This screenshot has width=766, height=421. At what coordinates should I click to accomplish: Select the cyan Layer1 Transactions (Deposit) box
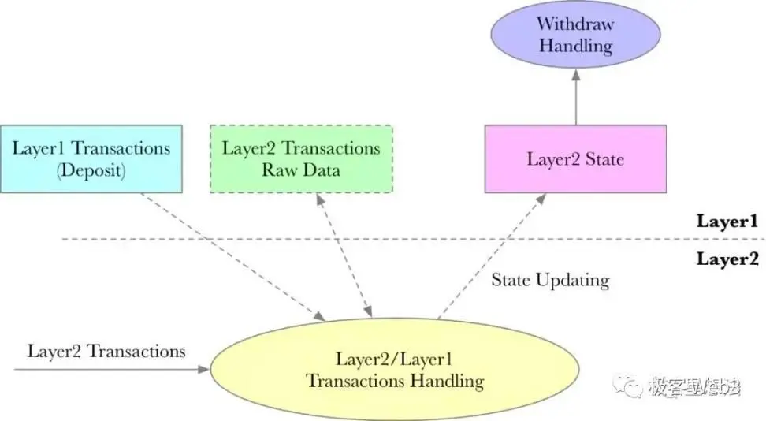click(x=91, y=158)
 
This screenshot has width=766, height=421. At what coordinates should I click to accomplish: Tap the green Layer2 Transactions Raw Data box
click(x=301, y=158)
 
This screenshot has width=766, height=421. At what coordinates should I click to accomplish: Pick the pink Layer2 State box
click(x=575, y=158)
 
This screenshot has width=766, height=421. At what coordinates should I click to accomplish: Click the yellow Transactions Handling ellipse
click(x=394, y=371)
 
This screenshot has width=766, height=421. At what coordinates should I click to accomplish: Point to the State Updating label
click(x=550, y=280)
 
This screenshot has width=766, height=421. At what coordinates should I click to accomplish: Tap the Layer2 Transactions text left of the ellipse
click(x=106, y=352)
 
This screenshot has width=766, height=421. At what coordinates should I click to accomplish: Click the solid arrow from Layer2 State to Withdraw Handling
click(x=575, y=98)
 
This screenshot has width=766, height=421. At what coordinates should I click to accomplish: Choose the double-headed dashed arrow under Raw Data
click(x=344, y=254)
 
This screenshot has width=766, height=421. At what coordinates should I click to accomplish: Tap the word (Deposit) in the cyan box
click(x=91, y=170)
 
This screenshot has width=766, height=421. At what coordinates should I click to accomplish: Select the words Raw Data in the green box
click(x=301, y=170)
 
